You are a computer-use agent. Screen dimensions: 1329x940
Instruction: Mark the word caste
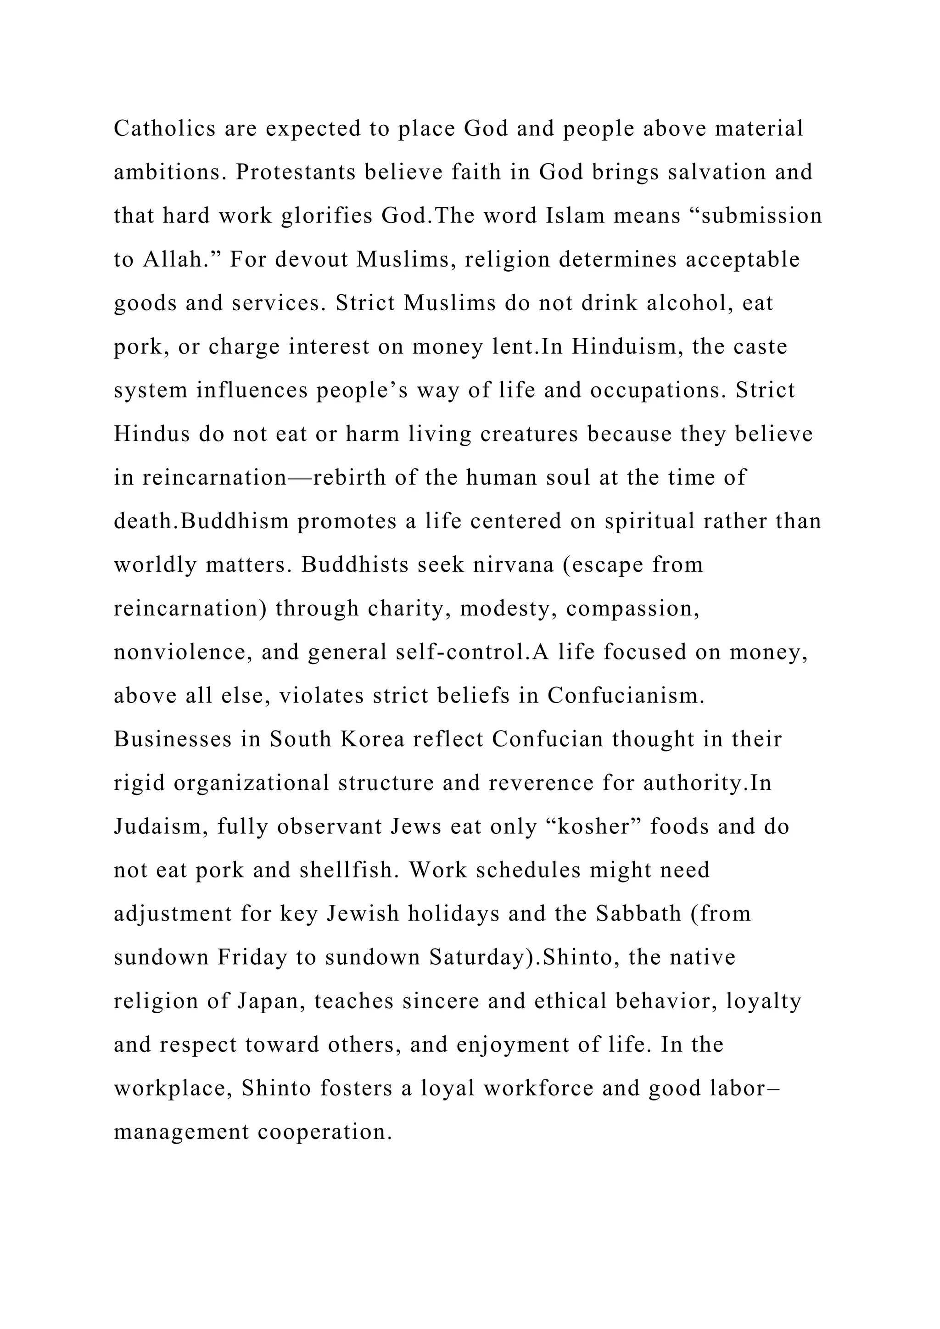[x=760, y=347]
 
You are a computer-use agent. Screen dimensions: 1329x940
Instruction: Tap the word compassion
[x=632, y=609]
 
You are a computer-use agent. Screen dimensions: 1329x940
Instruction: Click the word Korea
[x=372, y=739]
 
